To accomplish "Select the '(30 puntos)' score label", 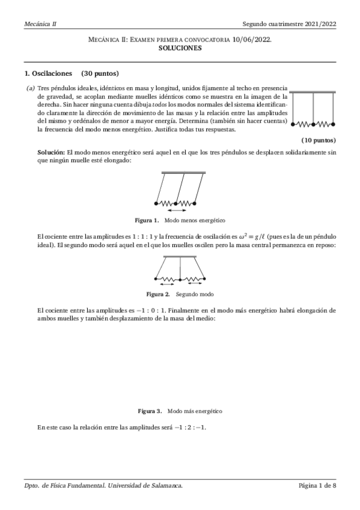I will (x=100, y=74).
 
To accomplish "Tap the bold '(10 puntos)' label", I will (x=319, y=140).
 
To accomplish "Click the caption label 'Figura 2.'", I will (x=159, y=294).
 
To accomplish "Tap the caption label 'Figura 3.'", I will (x=150, y=411).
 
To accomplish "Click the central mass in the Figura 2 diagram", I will (x=180, y=278).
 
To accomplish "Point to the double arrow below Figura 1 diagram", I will (x=176, y=210).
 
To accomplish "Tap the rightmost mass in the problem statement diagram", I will (x=334, y=124).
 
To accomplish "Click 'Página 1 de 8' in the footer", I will (x=317, y=485).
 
